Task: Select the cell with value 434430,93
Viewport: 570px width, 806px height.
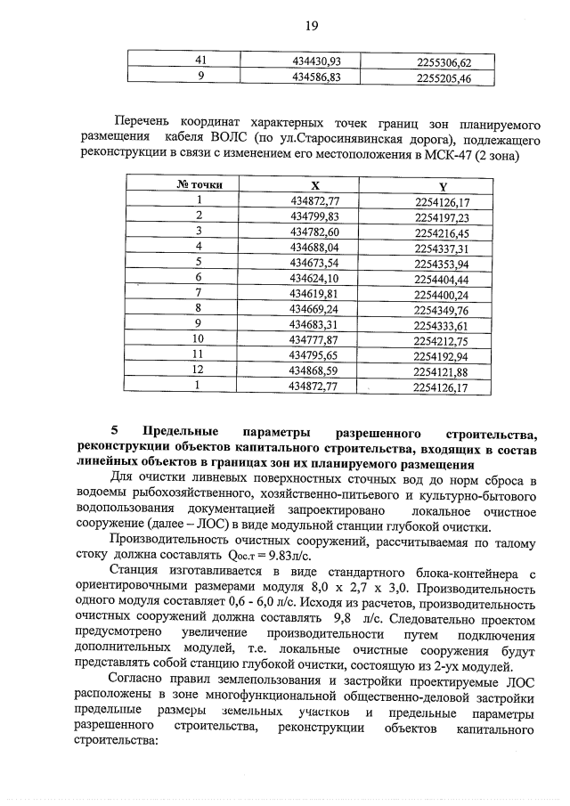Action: [x=317, y=61]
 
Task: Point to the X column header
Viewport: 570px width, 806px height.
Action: [x=315, y=185]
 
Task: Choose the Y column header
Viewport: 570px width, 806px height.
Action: [x=442, y=187]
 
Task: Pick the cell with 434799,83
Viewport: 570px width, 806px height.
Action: [x=315, y=216]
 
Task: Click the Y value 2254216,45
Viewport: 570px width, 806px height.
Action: [x=442, y=232]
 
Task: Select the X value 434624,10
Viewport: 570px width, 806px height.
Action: [x=315, y=278]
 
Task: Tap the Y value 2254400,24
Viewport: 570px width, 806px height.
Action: [x=442, y=294]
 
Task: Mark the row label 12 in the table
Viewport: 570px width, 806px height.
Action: [x=199, y=370]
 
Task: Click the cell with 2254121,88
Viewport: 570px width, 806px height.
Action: [x=442, y=371]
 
